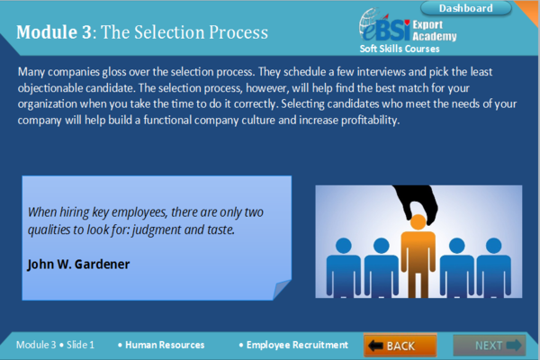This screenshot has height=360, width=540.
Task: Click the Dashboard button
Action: tap(466, 8)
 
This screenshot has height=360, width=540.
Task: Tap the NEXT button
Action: tap(490, 345)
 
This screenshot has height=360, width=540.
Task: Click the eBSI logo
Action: tap(384, 25)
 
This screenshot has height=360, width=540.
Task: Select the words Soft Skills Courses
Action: tap(400, 49)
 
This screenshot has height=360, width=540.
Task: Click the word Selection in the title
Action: tap(170, 32)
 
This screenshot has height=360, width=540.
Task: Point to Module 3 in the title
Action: tap(54, 32)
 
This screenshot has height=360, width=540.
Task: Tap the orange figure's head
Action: tap(418, 222)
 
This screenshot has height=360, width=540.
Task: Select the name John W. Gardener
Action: tap(78, 265)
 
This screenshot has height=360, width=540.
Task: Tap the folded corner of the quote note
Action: tap(282, 290)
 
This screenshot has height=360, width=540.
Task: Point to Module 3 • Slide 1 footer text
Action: tap(55, 345)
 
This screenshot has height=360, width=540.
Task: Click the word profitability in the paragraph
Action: tap(370, 121)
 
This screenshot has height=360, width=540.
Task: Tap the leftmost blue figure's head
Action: tap(344, 246)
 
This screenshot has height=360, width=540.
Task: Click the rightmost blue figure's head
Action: tap(493, 246)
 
